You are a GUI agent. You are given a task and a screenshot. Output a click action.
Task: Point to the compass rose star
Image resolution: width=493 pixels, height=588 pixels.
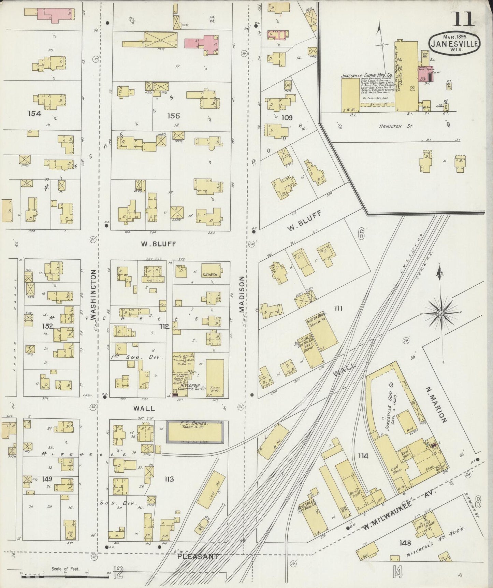(x=440, y=313)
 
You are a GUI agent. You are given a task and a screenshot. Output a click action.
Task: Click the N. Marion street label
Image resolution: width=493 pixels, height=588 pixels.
(x=436, y=404)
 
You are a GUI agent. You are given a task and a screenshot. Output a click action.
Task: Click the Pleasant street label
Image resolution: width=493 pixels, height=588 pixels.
(x=198, y=556)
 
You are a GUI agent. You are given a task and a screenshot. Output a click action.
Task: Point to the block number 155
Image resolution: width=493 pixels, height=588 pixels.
(x=173, y=116)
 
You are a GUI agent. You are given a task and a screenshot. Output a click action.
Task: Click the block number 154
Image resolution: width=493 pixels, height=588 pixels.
(x=34, y=113)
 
